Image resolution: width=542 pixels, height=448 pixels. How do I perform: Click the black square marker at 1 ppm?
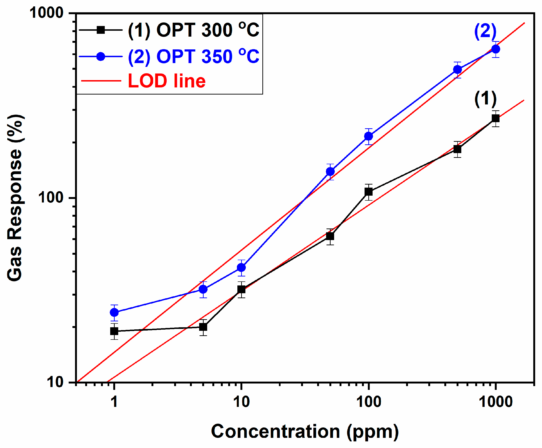coord(114,331)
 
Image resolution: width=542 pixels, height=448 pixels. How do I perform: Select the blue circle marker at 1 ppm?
coord(114,313)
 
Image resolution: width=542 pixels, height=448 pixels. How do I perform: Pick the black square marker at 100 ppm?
coord(369,192)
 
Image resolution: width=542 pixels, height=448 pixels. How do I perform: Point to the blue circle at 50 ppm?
coord(330,172)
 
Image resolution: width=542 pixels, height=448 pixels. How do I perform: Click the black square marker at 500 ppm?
coord(457,149)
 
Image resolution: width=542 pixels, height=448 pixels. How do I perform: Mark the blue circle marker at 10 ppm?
coord(241,268)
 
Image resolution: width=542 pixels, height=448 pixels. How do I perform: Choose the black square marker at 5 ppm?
coord(203,327)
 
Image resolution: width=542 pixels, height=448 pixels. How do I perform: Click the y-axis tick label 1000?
coord(46,13)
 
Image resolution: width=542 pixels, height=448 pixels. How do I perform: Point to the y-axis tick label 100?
coord(51,198)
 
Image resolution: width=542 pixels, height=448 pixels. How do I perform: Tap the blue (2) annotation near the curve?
coord(485,31)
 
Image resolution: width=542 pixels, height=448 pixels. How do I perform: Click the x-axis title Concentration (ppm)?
coord(305,431)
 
